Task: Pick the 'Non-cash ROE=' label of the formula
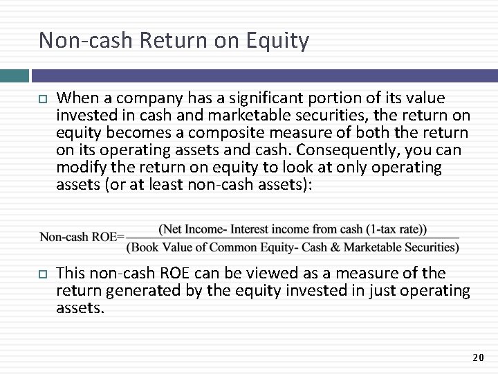[82, 237]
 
